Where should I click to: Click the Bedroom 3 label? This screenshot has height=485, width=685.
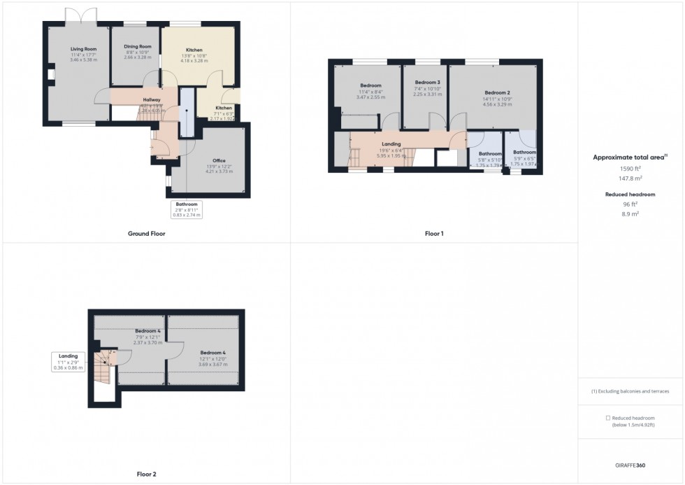pos(426,82)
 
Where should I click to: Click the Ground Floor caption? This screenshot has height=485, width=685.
pos(146,234)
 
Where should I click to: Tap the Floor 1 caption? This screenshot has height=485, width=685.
pos(433,234)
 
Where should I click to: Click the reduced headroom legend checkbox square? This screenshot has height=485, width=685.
pos(607,417)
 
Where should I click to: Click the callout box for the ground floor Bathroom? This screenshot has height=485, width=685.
pos(187,209)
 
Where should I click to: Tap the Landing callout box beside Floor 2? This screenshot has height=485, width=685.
pos(68,361)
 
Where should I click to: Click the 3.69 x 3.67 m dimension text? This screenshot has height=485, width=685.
pos(212,365)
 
